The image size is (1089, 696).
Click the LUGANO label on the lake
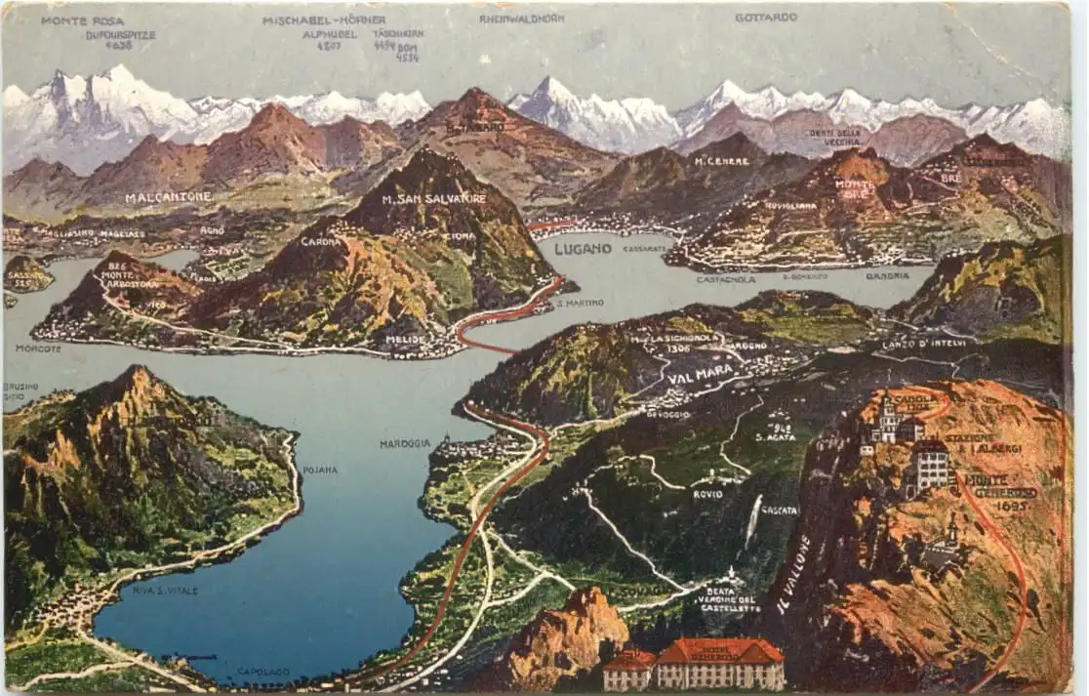583,249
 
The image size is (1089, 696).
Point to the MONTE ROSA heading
82,20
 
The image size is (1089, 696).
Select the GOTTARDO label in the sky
766,18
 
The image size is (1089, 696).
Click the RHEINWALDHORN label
521,19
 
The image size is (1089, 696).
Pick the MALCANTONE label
168,197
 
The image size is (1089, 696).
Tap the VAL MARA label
700,372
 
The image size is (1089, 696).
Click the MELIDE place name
405,340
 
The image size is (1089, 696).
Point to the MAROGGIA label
405,443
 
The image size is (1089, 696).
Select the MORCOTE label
38,348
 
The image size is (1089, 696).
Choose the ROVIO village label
708,494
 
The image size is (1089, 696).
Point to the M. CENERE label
721,161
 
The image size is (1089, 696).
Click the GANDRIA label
887,276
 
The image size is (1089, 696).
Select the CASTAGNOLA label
726,279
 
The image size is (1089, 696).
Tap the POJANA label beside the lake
320,470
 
